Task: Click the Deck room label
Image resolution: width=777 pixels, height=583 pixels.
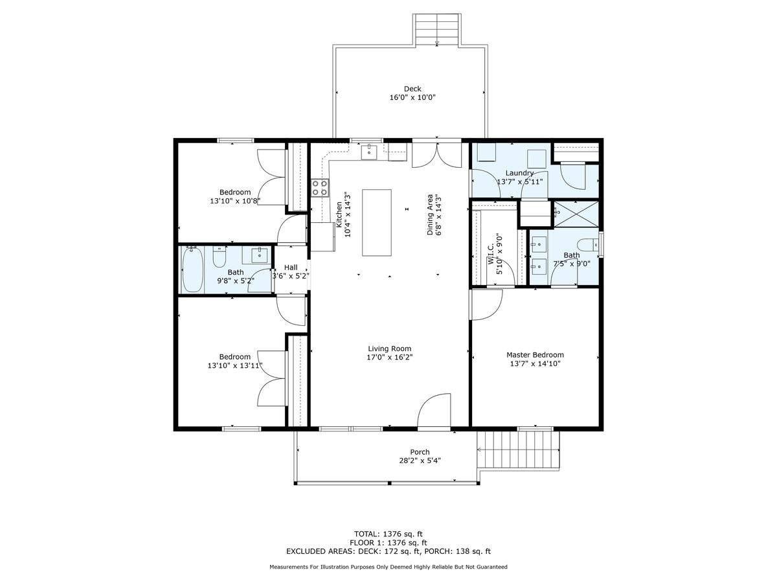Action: [x=412, y=89]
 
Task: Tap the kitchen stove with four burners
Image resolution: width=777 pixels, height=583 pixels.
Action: [x=320, y=188]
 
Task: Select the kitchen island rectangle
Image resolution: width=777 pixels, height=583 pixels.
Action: [x=376, y=222]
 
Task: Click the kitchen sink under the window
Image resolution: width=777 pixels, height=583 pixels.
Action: [x=369, y=152]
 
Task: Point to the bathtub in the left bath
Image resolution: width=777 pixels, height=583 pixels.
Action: [x=192, y=270]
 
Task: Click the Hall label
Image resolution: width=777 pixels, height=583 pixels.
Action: [x=291, y=267]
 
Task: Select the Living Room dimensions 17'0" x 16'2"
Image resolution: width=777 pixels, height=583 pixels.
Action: [x=390, y=357]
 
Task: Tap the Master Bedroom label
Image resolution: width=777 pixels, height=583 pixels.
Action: [x=535, y=354]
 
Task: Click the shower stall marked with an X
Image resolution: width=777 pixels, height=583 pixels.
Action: [x=576, y=213]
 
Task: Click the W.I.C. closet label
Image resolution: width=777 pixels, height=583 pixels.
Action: [x=491, y=246]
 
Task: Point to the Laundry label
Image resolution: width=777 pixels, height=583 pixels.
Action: [x=519, y=173]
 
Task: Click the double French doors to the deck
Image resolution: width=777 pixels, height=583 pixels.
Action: [x=437, y=155]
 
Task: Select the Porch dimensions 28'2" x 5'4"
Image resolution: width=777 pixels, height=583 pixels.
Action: [x=420, y=461]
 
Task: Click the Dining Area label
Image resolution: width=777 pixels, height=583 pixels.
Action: [x=429, y=214]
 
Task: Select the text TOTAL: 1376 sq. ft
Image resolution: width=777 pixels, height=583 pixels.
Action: [x=388, y=534]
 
